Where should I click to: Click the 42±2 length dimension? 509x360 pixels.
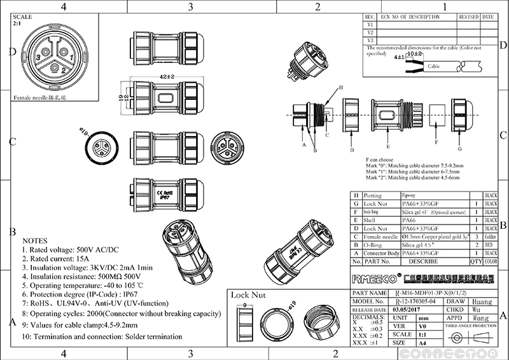166,77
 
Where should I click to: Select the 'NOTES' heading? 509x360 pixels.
35,241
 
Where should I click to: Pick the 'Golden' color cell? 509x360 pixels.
491,236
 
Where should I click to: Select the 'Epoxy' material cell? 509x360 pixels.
411,195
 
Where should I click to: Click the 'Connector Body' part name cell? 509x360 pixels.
380,253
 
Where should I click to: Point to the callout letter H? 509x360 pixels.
340,87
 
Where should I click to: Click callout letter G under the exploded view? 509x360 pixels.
459,149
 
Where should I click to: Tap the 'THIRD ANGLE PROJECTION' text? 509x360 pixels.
471,325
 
